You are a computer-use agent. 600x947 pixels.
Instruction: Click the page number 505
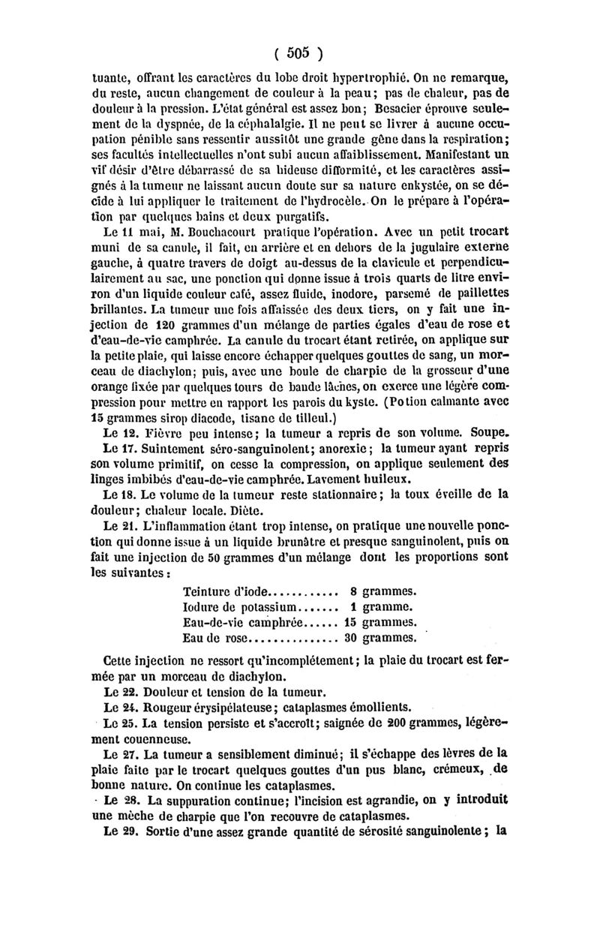tap(298, 53)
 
